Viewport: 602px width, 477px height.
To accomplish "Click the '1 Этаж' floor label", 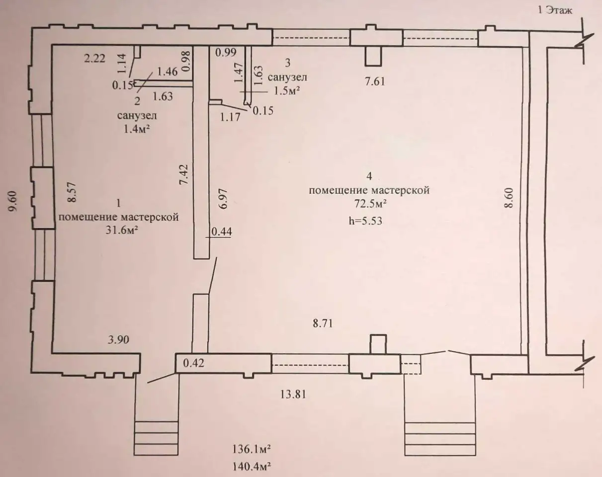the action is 555,10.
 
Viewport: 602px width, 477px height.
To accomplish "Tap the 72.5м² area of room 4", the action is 371,204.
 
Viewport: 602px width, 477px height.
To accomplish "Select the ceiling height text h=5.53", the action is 365,221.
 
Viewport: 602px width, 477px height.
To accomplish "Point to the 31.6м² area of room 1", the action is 122,231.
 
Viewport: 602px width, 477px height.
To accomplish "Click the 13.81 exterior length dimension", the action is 293,395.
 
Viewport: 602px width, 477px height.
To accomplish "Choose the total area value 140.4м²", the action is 251,467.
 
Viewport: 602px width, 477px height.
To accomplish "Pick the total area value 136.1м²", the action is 251,450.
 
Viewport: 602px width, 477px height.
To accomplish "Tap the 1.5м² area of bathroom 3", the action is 287,91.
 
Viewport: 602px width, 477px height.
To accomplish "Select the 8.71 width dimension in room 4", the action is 323,323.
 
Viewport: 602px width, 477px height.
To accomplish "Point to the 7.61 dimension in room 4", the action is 375,81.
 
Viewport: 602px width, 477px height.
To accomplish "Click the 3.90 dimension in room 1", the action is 118,340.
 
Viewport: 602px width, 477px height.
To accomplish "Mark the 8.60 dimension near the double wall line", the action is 509,198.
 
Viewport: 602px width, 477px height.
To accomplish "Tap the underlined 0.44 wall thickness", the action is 222,232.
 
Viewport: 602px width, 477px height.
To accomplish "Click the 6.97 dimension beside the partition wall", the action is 224,199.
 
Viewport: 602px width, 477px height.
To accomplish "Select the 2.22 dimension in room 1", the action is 94,59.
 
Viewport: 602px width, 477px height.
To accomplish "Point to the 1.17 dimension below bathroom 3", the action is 230,117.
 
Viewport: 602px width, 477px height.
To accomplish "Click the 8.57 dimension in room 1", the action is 72,192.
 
